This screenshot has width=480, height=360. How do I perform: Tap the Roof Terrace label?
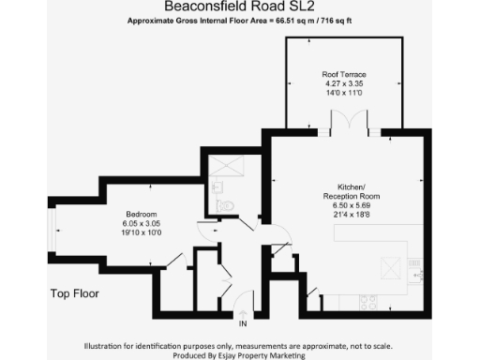tap(343, 74)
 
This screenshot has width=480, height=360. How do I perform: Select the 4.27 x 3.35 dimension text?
tap(343, 83)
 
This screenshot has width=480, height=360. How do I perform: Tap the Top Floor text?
tap(74, 293)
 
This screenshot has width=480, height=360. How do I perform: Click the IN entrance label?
tap(242, 323)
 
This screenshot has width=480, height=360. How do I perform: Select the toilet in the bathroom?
tap(222, 205)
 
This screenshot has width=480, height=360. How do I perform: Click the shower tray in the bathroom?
tap(226, 167)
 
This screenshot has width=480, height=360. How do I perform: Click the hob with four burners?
tap(369, 302)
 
